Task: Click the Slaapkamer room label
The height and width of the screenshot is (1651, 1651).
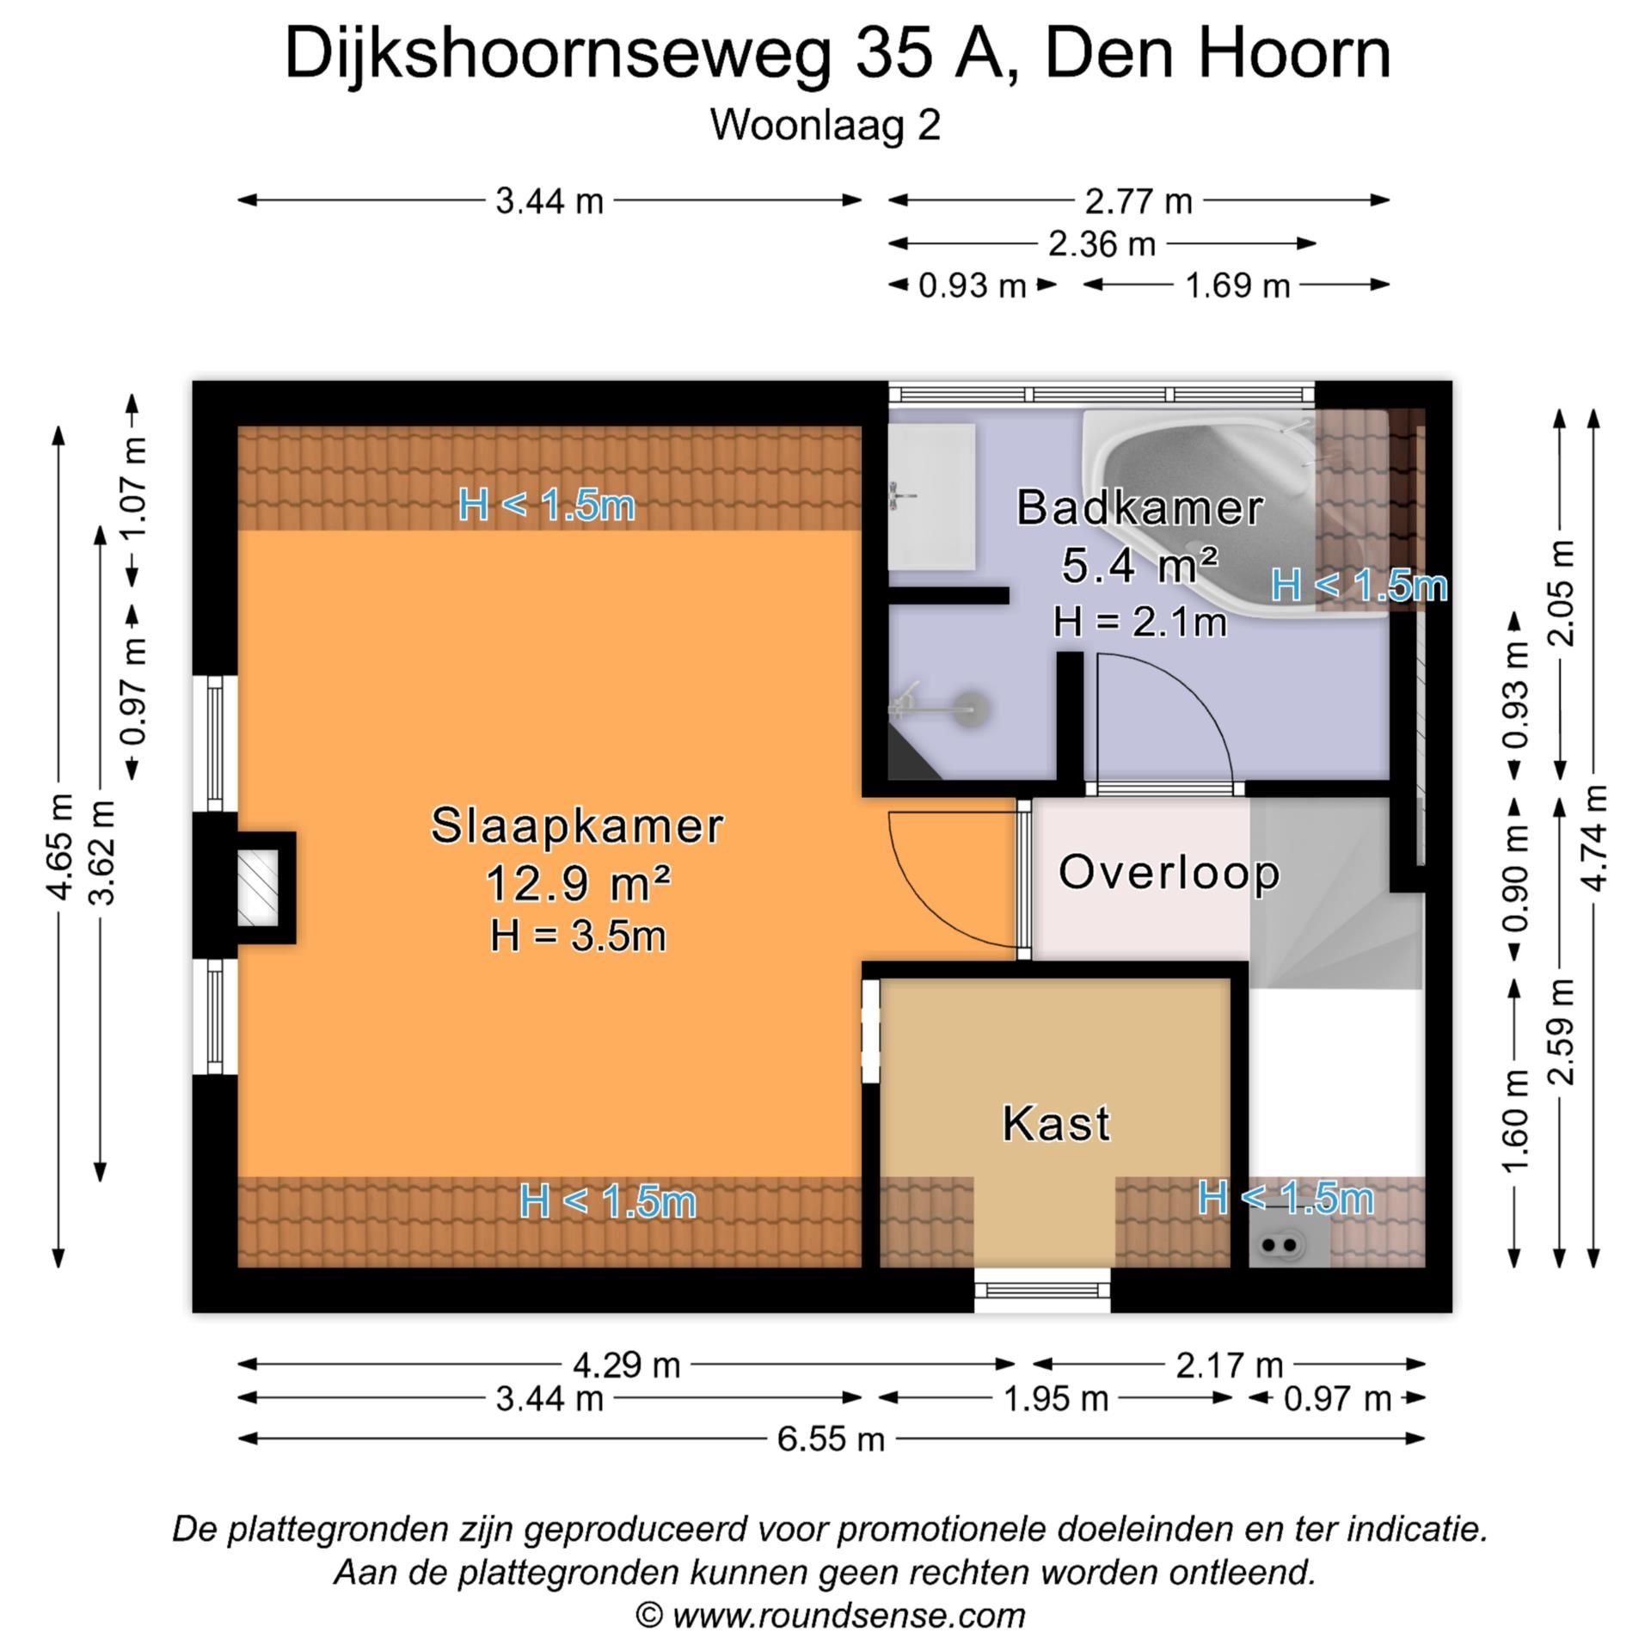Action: (x=576, y=826)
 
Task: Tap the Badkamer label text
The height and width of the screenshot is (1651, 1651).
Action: (x=1139, y=508)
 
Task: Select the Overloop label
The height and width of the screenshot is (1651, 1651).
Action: (x=1169, y=873)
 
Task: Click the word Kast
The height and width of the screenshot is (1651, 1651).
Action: (x=1057, y=1124)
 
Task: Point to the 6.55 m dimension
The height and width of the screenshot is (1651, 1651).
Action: (x=831, y=1439)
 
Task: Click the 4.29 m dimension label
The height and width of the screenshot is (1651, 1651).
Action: (x=626, y=1365)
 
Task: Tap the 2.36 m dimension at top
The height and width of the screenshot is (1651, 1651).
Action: (x=1102, y=245)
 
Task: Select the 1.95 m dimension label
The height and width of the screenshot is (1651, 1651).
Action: (x=1056, y=1399)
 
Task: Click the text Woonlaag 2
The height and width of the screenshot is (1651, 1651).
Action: (x=825, y=126)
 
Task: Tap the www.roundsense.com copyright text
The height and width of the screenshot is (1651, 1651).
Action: (x=831, y=1615)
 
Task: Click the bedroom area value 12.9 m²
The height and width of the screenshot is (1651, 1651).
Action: (x=577, y=883)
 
